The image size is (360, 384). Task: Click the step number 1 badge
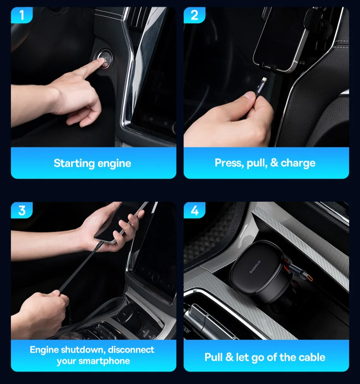coord(22,15)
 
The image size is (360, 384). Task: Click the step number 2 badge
coord(194,15)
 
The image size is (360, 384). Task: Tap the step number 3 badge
coord(22,210)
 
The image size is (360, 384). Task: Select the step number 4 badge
coord(194,210)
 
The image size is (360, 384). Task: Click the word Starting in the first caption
coord(74,164)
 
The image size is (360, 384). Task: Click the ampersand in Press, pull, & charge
coord(274,163)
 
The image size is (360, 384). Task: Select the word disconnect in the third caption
coord(131,350)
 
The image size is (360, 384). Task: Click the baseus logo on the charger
coord(255,267)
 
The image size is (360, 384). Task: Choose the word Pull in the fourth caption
coord(214,357)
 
